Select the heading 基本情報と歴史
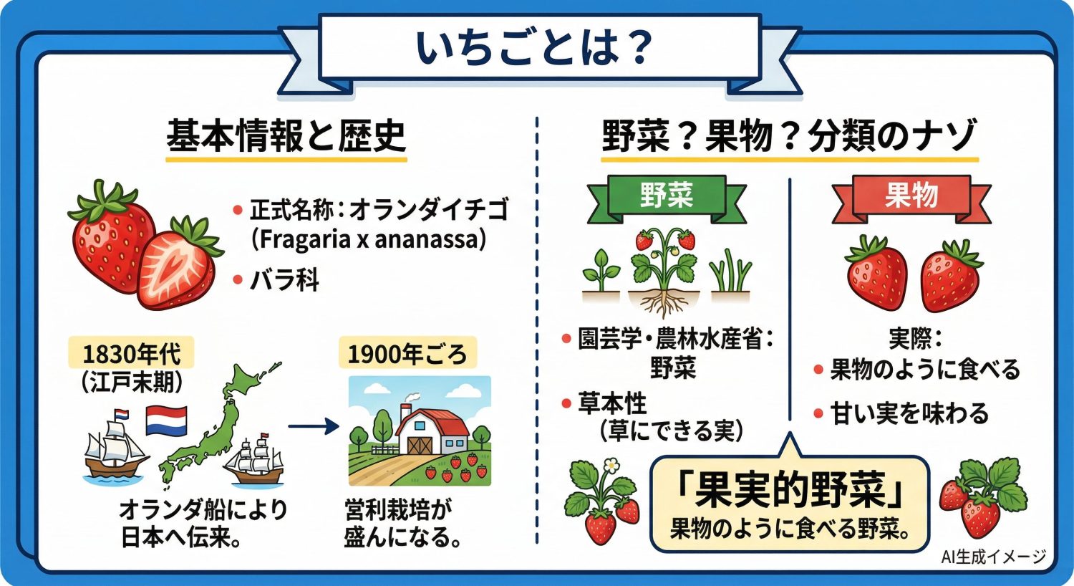286,136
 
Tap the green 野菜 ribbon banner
666,195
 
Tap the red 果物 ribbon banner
911,195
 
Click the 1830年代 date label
131,354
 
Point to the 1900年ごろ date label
407,354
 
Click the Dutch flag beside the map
166,421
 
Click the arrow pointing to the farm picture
313,427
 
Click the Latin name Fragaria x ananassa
368,239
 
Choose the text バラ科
284,280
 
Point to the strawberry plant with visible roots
664,269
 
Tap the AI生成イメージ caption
993,557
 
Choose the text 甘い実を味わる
909,414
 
